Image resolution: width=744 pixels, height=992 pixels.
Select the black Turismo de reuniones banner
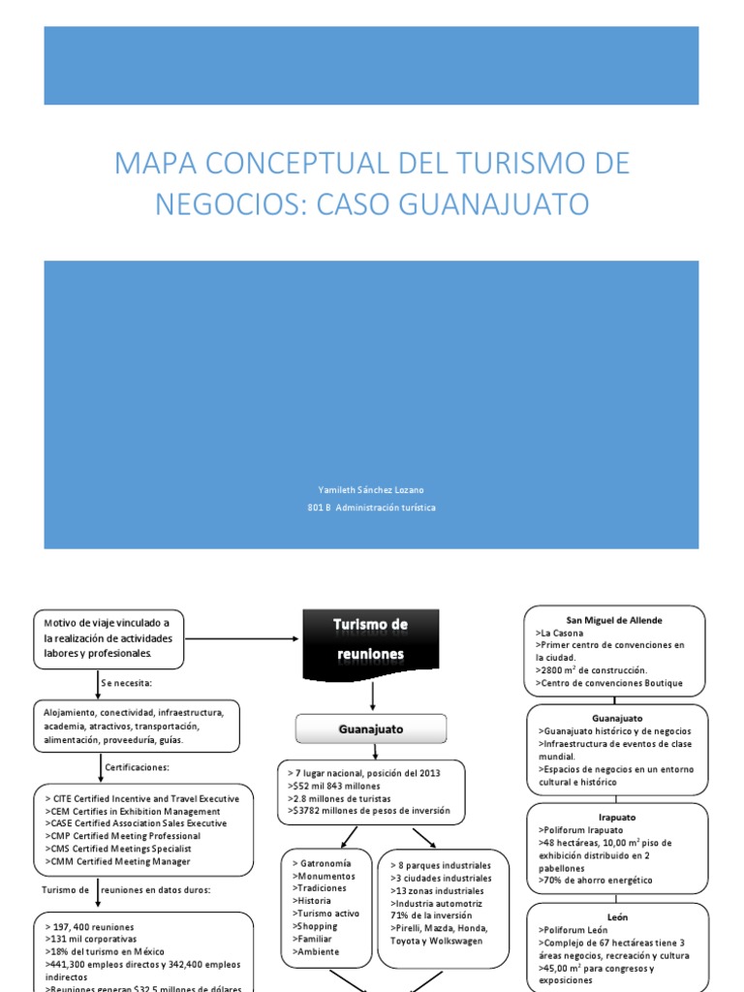371,639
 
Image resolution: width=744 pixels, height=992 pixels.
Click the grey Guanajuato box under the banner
371,728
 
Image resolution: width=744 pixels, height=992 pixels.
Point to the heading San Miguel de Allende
615,620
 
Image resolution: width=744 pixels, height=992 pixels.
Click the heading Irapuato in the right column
615,818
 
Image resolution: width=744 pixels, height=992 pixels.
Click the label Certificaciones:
139,767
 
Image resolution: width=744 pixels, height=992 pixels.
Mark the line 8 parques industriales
441,865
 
